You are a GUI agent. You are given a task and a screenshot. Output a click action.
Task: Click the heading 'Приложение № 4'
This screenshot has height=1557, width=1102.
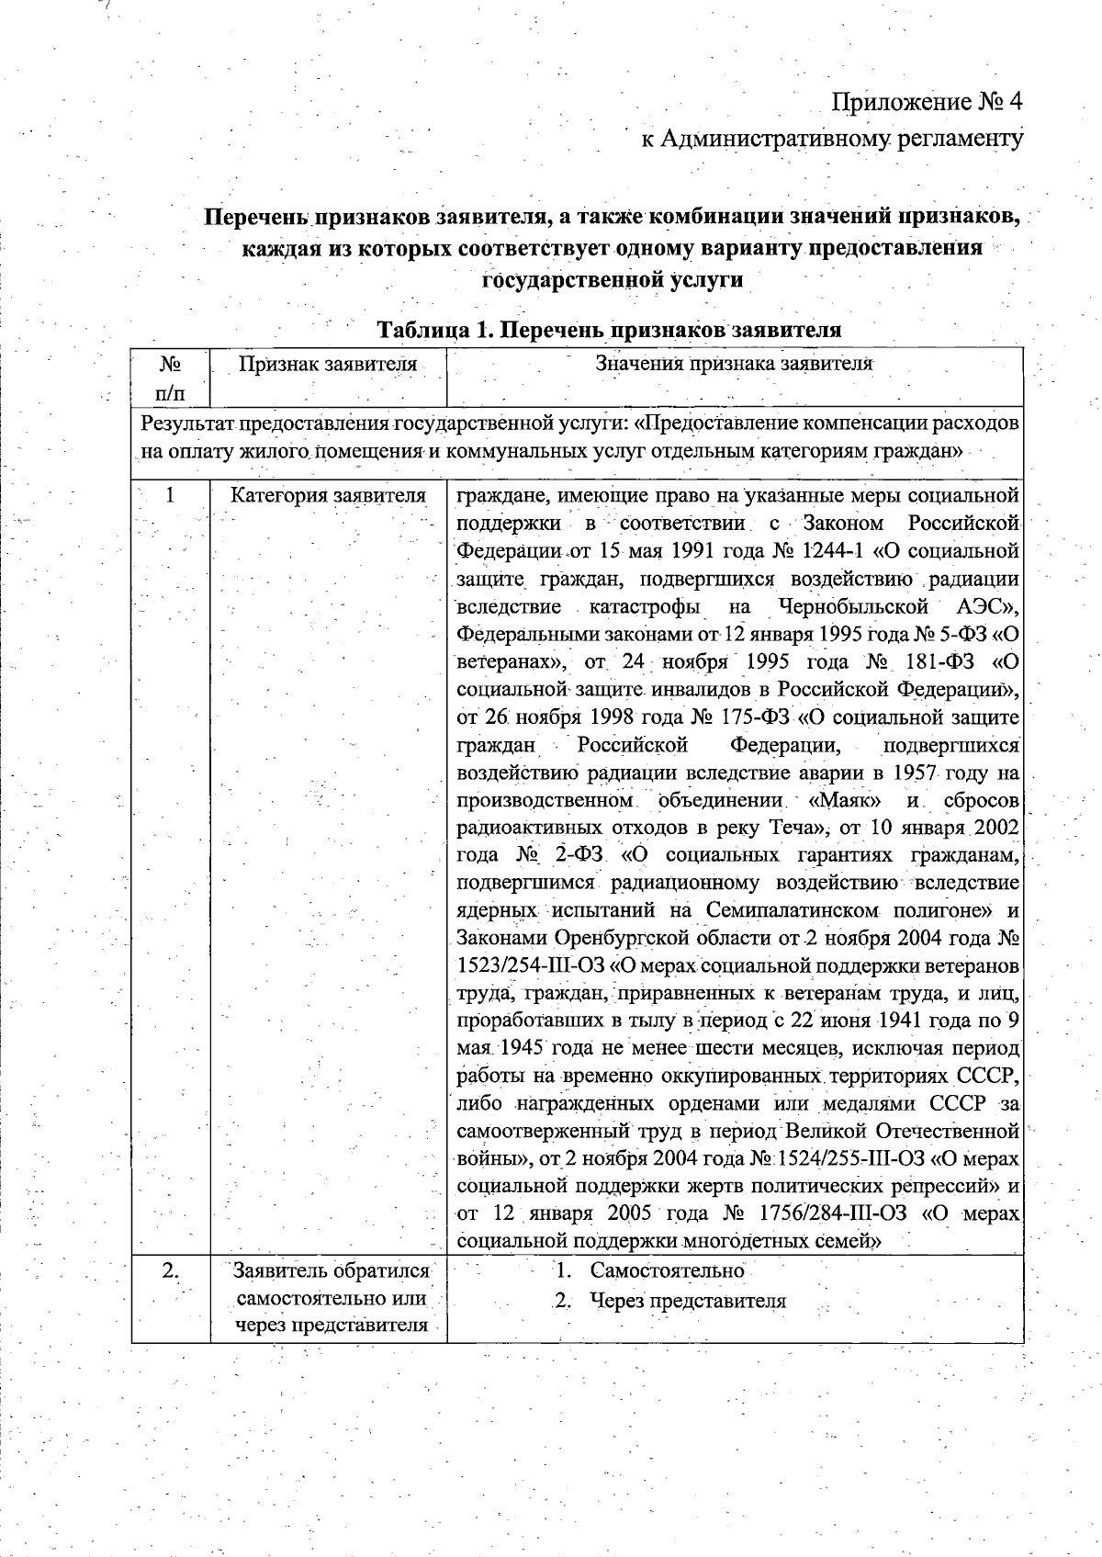pos(927,99)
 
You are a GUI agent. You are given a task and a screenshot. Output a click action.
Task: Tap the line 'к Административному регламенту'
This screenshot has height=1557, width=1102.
pos(831,139)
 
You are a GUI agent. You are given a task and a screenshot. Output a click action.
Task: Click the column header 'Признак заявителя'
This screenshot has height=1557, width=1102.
pos(328,364)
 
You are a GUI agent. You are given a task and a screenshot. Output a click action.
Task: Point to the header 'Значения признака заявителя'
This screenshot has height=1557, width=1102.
pos(734,363)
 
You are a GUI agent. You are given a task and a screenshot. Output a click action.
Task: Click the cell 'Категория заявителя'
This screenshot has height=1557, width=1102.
pos(328,496)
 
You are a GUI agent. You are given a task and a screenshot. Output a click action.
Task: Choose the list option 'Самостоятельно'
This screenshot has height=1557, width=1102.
pos(667,1271)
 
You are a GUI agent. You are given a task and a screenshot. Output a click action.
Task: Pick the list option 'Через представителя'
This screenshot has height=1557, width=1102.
pos(688,1301)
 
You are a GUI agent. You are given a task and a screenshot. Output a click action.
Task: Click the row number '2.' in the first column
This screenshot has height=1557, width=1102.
pos(170,1271)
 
